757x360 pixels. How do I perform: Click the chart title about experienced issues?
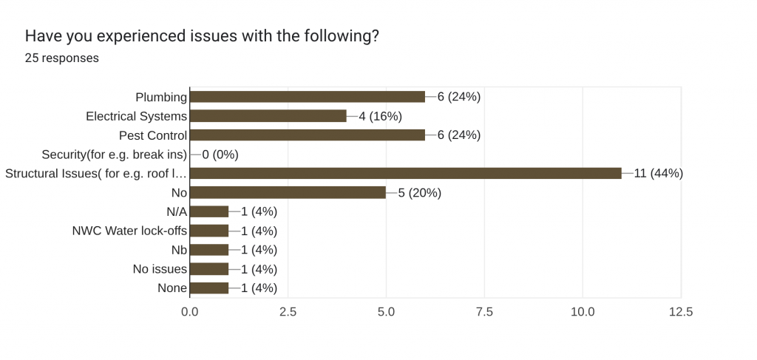[x=202, y=35]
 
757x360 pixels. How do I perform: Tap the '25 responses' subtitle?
[x=62, y=58]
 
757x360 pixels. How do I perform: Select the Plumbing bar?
[x=308, y=97]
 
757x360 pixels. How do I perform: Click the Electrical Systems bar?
[x=268, y=116]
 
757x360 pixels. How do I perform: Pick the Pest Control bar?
[x=308, y=135]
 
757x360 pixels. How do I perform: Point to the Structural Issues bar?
[x=406, y=174]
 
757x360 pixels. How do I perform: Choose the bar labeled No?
[x=288, y=193]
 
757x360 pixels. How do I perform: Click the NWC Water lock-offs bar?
[x=210, y=231]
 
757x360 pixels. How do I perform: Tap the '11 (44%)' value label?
[x=658, y=174]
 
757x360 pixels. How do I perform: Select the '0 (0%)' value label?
[x=220, y=154]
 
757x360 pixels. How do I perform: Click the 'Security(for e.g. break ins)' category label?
[x=115, y=154]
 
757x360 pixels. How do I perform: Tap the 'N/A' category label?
[x=177, y=211]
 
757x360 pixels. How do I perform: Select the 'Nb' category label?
[x=179, y=250]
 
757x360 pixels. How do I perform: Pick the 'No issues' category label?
[x=160, y=269]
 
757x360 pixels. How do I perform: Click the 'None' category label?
[x=172, y=288]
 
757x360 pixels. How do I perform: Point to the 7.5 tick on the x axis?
[x=484, y=312]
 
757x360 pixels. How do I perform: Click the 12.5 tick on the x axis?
[x=680, y=312]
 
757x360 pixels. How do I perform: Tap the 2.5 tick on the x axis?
[x=288, y=312]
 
